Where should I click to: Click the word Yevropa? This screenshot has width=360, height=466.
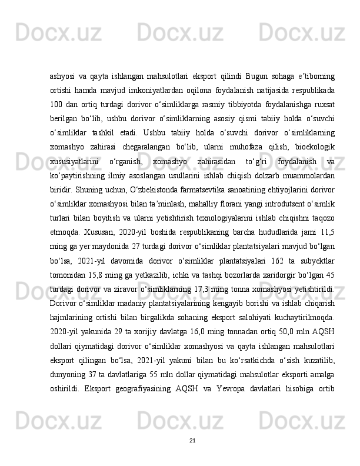(234, 394)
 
